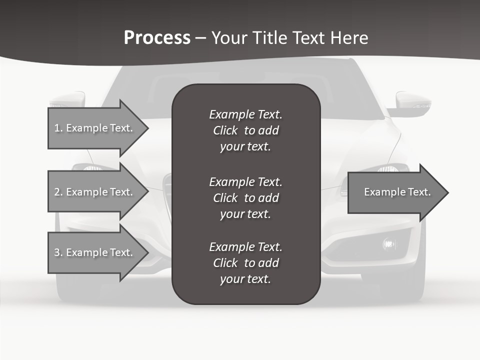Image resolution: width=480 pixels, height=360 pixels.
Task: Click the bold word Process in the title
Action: click(x=157, y=38)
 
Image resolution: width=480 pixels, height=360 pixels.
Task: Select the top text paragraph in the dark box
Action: click(x=245, y=130)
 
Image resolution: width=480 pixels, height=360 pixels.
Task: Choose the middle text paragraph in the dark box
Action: click(x=245, y=198)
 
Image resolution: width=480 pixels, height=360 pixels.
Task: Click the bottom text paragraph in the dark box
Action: click(x=245, y=263)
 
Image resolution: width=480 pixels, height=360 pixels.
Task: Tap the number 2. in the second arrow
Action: click(x=58, y=192)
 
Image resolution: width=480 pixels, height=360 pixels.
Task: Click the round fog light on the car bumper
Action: click(x=388, y=244)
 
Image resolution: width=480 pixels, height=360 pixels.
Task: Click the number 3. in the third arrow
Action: click(x=58, y=252)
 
